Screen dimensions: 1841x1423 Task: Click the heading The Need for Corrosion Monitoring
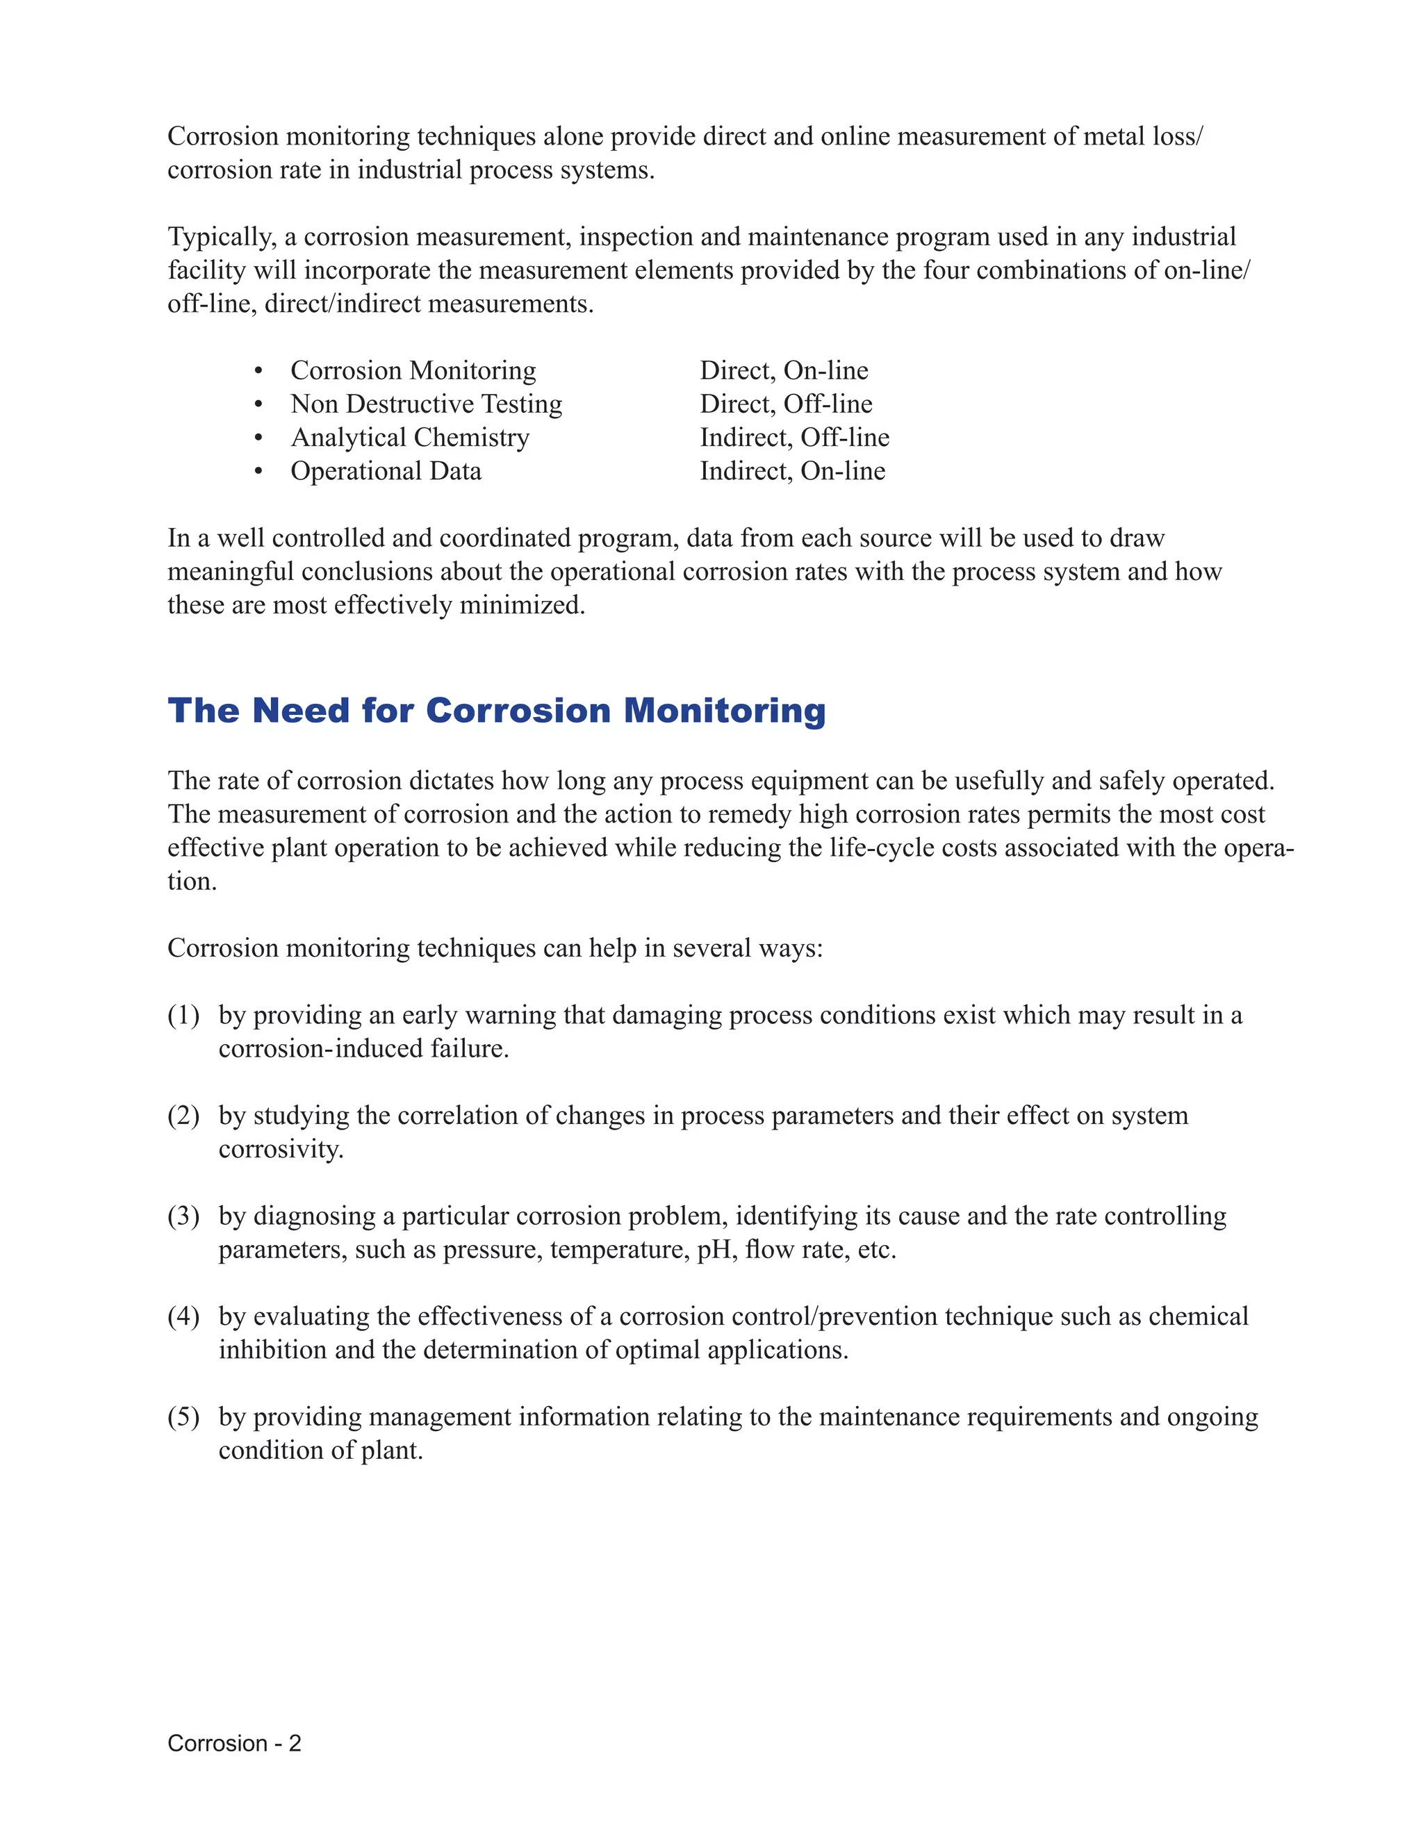point(497,711)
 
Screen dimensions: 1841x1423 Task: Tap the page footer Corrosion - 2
point(233,1743)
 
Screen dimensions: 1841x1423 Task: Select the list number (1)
point(183,1015)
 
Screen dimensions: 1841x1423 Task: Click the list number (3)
point(183,1216)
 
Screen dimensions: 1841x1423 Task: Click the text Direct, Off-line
point(786,404)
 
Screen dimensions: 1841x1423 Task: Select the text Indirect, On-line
point(792,471)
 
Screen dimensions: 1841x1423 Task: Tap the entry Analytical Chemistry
point(410,438)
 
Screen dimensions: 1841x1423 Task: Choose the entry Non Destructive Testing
point(427,404)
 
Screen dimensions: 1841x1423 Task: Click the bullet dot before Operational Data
point(258,471)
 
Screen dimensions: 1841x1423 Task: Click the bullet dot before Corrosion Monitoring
point(258,371)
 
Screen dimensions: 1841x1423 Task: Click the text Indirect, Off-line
point(794,438)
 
